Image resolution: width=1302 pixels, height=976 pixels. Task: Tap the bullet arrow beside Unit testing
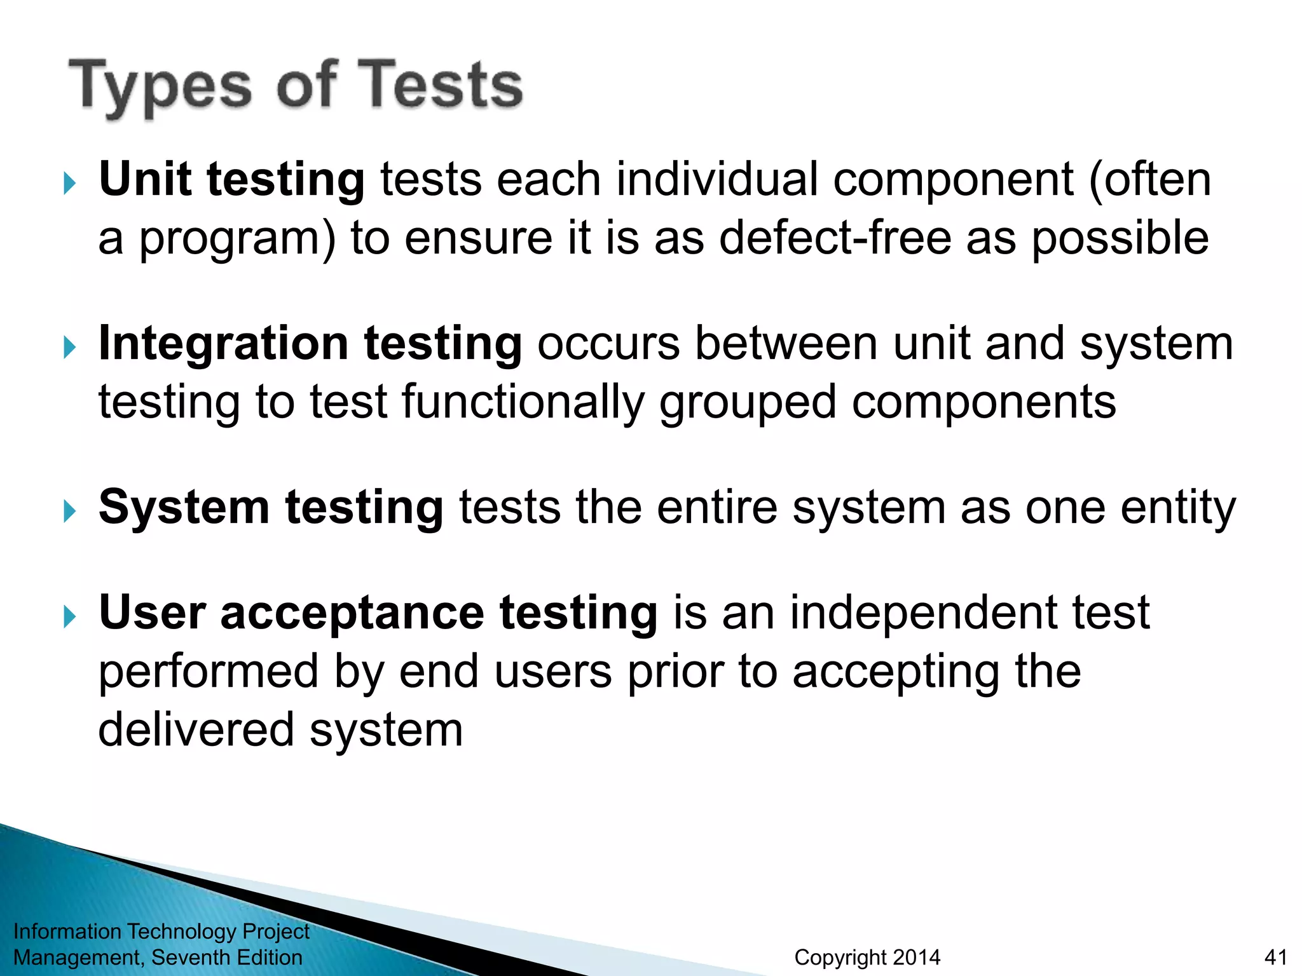[70, 184]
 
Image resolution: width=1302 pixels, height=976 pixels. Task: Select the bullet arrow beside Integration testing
[70, 348]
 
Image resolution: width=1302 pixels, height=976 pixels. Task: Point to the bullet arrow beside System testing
[70, 512]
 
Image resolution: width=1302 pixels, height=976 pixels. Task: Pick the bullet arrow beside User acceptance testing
[70, 617]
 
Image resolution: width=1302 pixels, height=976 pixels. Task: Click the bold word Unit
[145, 179]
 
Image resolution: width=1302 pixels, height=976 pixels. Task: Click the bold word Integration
[223, 344]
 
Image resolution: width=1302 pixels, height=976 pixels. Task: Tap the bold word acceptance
[352, 613]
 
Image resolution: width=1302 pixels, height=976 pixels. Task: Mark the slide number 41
[1276, 957]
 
